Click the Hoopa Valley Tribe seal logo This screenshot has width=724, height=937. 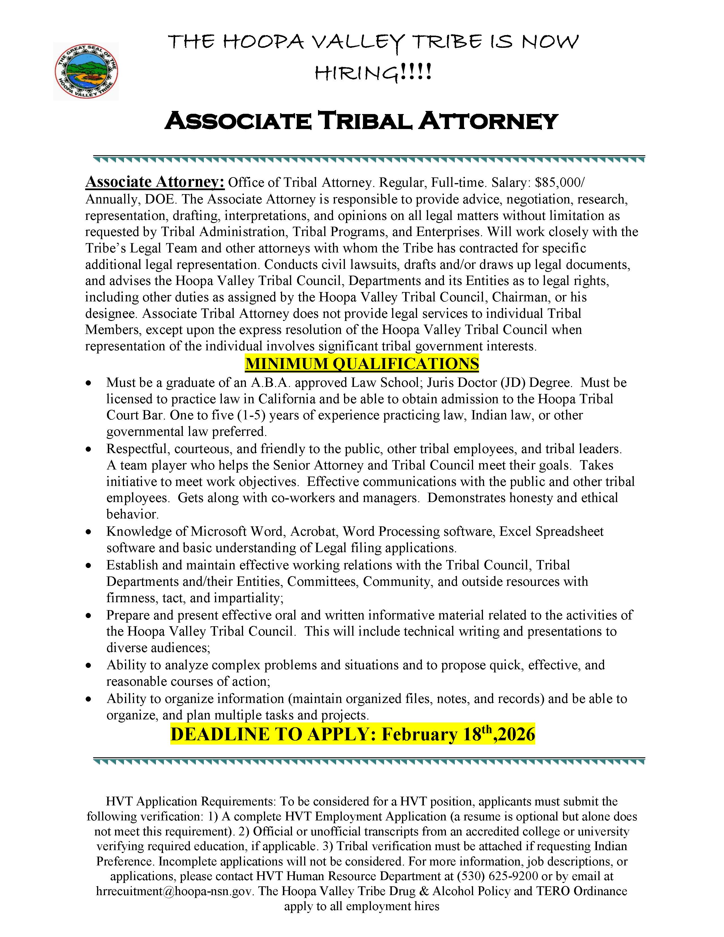(x=86, y=72)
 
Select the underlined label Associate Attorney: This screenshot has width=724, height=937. (x=155, y=182)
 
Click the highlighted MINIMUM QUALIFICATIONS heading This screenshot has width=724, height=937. (x=362, y=364)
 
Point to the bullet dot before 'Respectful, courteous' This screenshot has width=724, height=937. (x=88, y=449)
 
